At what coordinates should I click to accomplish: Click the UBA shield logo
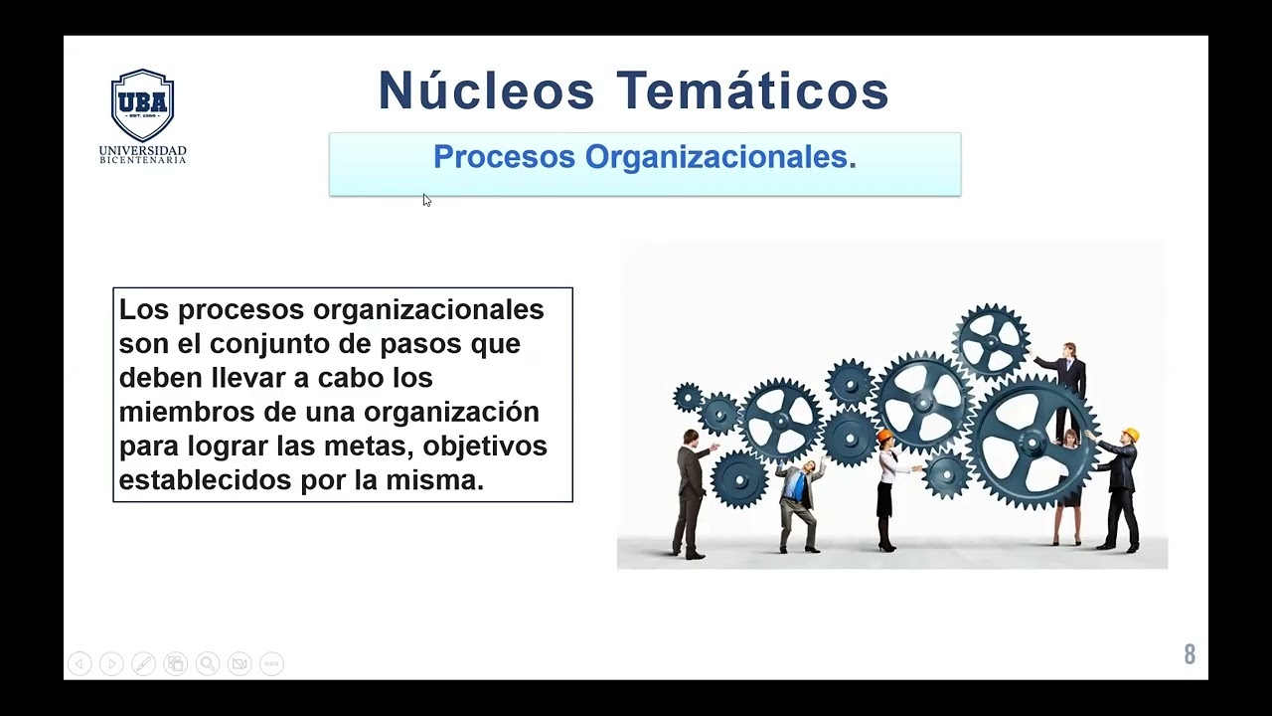142,104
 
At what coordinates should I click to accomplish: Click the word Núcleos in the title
486,90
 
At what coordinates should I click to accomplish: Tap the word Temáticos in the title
752,90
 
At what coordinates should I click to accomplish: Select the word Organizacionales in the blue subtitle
719,157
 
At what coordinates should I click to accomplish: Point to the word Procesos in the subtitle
504,157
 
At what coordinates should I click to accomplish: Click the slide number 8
1190,654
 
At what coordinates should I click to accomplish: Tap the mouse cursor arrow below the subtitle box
426,200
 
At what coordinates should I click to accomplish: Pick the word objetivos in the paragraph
492,446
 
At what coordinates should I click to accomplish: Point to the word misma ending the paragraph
439,480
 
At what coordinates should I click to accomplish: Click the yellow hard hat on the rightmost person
1130,435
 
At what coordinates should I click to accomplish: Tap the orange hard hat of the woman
884,436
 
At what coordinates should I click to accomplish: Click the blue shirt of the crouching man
795,486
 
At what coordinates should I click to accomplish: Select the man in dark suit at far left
691,492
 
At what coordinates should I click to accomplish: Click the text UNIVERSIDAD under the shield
142,150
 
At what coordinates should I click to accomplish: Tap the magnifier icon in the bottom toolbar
207,663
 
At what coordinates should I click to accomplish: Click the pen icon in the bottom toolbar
143,663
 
